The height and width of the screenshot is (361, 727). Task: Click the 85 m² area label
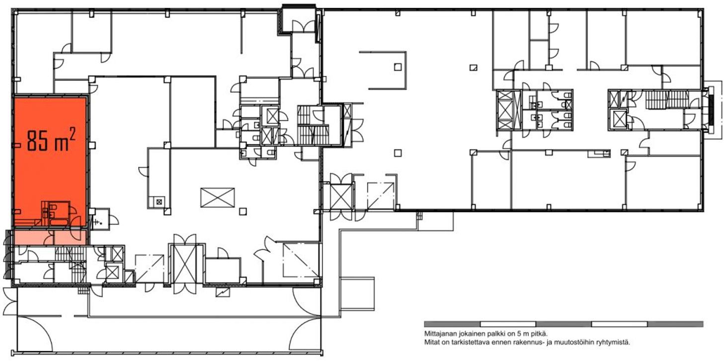pos(51,140)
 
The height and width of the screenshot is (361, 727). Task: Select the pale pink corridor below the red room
pos(50,237)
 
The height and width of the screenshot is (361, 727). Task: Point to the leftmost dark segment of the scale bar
pos(452,324)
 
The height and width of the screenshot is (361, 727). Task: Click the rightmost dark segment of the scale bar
pos(675,324)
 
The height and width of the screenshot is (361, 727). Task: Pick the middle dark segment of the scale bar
pos(564,324)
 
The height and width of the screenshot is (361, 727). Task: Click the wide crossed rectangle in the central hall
pos(218,198)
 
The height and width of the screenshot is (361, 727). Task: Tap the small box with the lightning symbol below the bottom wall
pos(223,292)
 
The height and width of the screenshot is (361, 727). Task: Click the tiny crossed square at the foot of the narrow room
pos(159,202)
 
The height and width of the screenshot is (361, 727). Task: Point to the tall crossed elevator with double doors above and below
pos(185,264)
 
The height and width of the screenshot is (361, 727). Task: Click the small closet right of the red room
pos(100,219)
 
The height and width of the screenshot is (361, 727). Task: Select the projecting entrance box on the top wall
pos(299,19)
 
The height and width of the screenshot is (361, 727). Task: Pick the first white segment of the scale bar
pos(508,324)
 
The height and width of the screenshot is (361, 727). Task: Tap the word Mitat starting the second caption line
pos(431,342)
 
